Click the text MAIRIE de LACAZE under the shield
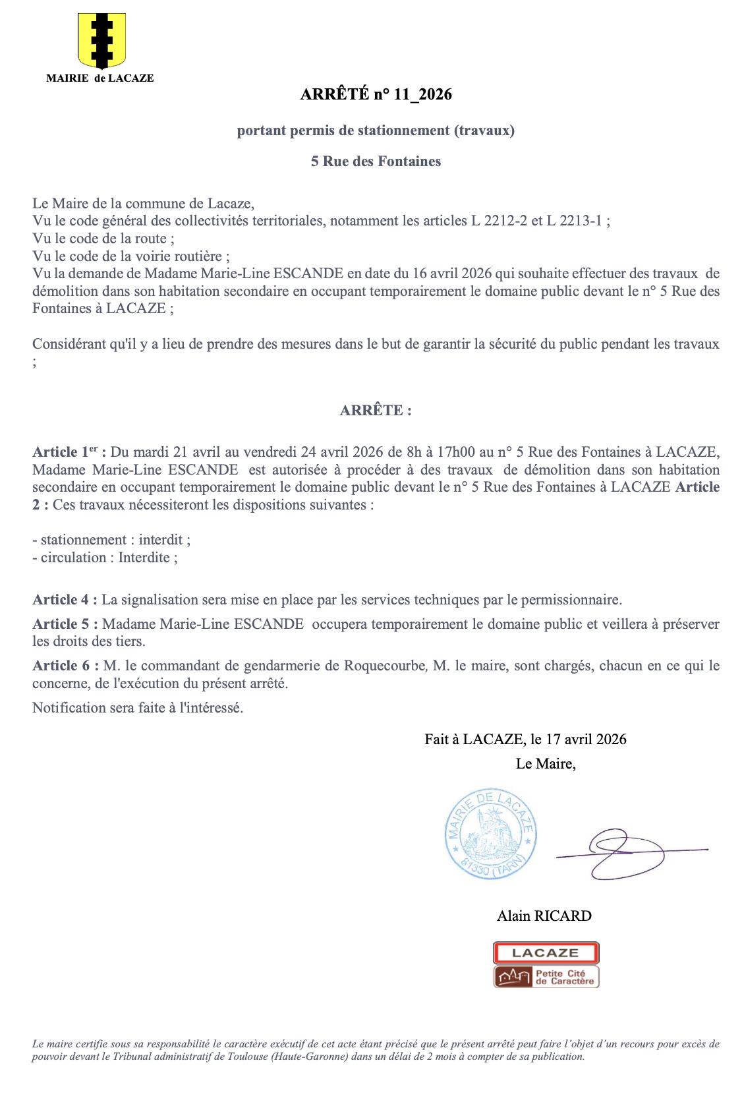[x=100, y=78]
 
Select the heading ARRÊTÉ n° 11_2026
[x=376, y=94]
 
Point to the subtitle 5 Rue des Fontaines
[x=376, y=161]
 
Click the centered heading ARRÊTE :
[x=376, y=410]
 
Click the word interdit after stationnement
[x=162, y=540]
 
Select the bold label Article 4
[x=65, y=600]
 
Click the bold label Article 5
[x=65, y=624]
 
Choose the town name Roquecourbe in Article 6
[x=385, y=666]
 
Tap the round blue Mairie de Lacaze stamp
[x=490, y=834]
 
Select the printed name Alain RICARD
[x=544, y=916]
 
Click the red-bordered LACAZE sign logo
[x=546, y=953]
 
